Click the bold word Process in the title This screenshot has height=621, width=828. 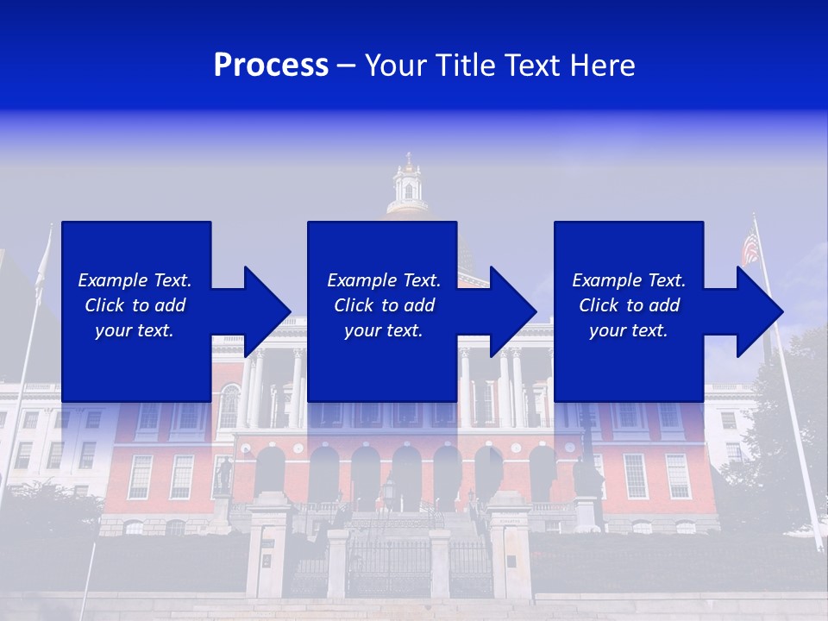[x=271, y=66]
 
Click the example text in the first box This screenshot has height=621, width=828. [x=135, y=305]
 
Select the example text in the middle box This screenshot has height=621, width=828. [x=383, y=305]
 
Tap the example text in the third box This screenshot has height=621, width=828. [x=629, y=305]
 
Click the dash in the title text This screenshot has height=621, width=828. [x=347, y=66]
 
